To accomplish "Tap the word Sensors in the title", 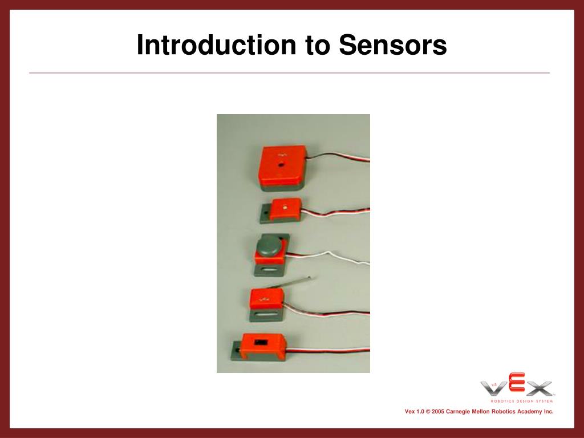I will pyautogui.click(x=393, y=46).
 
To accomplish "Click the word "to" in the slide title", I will pyautogui.click(x=317, y=46).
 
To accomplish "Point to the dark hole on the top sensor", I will pyautogui.click(x=281, y=164).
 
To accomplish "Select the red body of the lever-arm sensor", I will pyautogui.click(x=266, y=298).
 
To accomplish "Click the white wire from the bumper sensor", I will pyautogui.click(x=336, y=256).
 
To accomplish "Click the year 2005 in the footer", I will pyautogui.click(x=439, y=411).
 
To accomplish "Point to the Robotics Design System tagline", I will pyautogui.click(x=522, y=400).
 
